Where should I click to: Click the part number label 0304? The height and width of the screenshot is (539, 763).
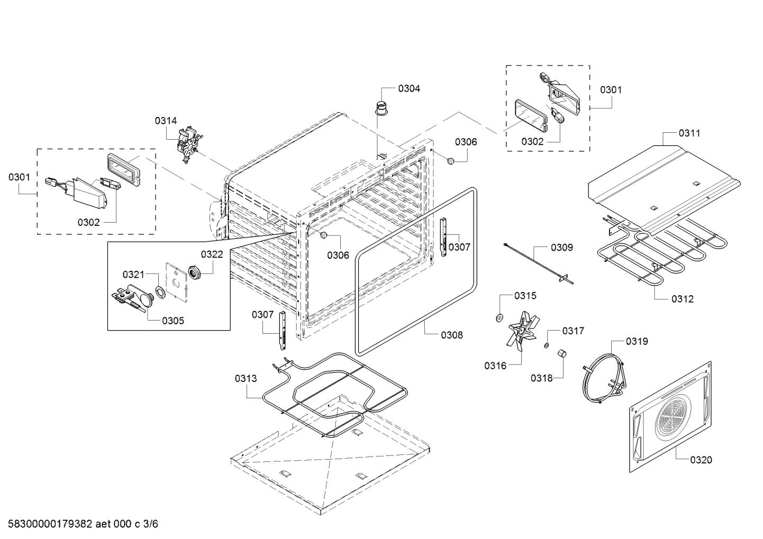[x=409, y=88]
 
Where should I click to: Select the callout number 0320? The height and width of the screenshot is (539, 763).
[x=701, y=460]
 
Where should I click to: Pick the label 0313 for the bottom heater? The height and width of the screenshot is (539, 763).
[x=246, y=378]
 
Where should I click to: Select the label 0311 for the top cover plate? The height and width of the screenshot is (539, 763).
[x=689, y=133]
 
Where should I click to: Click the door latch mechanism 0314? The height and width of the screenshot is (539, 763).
[x=186, y=144]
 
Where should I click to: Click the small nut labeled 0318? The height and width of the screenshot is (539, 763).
[x=563, y=354]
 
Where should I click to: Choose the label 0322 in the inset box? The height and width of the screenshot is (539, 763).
[x=212, y=254]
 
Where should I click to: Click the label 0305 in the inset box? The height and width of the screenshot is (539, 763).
[x=173, y=321]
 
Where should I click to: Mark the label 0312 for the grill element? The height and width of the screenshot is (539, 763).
[x=682, y=299]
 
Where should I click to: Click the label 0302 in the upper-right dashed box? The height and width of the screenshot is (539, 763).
[x=532, y=141]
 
